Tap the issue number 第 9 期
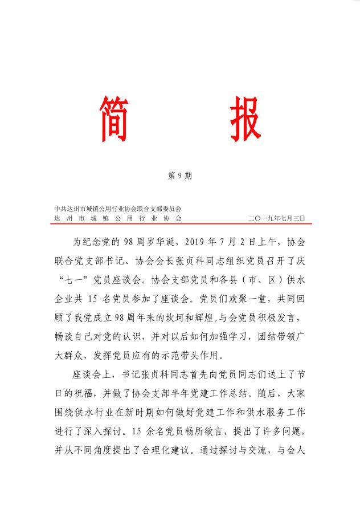[180, 176]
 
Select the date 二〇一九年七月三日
[277, 218]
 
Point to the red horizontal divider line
[180, 224]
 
